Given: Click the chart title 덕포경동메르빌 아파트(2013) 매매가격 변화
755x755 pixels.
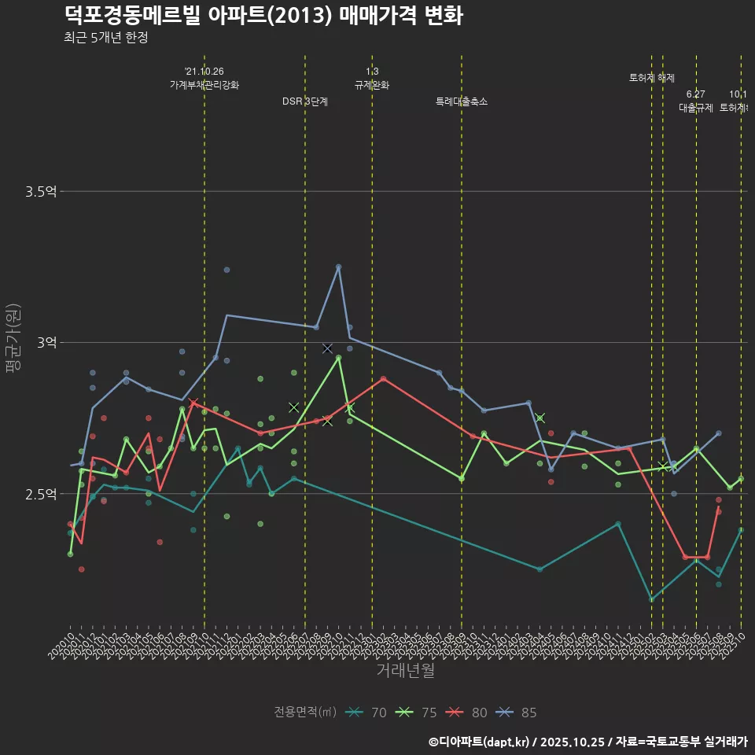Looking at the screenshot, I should [263, 16].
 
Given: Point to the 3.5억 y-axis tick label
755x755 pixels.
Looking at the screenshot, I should [41, 191].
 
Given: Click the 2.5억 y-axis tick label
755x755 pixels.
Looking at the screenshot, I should [41, 494].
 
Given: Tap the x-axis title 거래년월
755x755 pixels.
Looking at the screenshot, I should [405, 671].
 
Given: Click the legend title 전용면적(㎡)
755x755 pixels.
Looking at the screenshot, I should [305, 713].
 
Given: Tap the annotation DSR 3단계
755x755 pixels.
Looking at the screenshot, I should [305, 101].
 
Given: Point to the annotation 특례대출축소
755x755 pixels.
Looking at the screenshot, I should [462, 101].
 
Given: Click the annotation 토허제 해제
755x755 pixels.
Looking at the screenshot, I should [652, 78].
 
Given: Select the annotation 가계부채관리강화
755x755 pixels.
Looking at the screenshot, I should [204, 85].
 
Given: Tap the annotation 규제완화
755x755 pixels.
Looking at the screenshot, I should [372, 85].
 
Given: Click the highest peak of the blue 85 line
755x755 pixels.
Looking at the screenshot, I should [339, 267].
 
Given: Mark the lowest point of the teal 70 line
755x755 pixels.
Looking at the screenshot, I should [651, 599].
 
